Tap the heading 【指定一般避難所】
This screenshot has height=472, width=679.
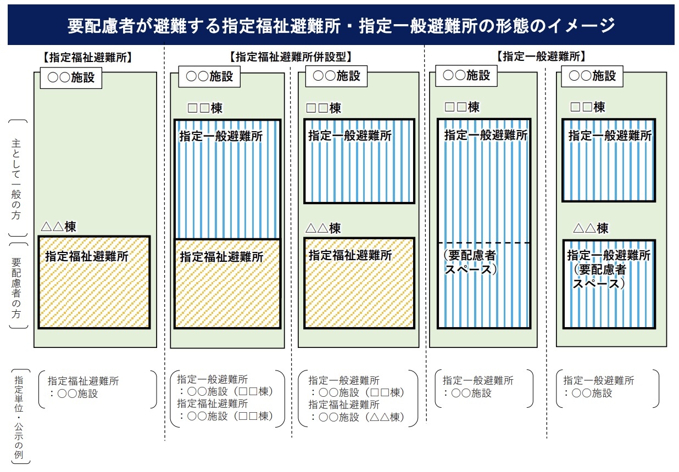tap(541, 56)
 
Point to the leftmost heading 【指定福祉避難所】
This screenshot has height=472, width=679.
tap(87, 57)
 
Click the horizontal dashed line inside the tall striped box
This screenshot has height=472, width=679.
tap(483, 243)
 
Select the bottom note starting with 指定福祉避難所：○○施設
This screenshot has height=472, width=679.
tap(83, 387)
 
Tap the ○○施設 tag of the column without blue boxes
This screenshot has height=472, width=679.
tap(71, 77)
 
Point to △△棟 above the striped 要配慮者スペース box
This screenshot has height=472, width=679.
tap(591, 228)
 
